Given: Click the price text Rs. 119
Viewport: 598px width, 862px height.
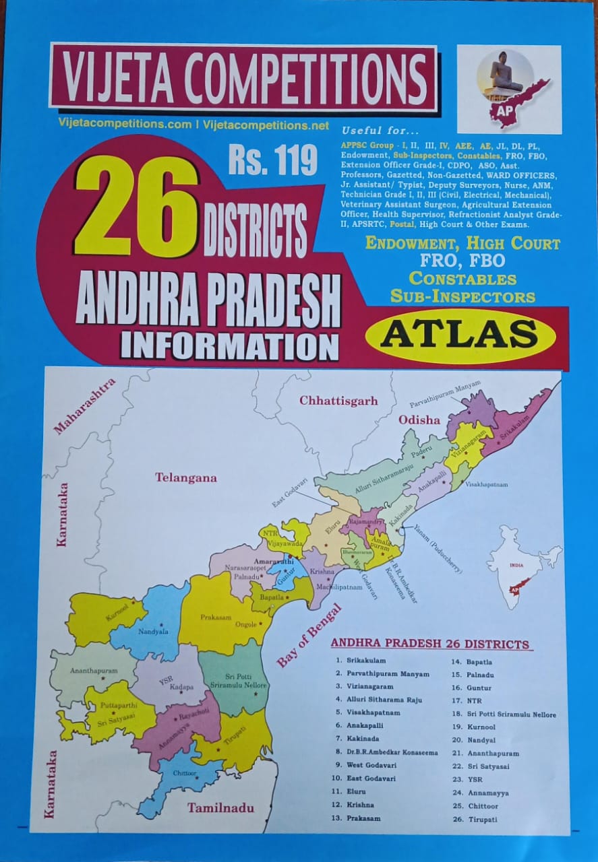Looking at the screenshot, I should coord(272,162).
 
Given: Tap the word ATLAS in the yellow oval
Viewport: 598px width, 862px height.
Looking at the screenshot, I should coord(460,333).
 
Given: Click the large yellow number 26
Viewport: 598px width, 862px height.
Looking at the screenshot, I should coord(137,207).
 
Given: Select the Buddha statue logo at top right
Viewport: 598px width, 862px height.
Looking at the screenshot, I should coord(508,89).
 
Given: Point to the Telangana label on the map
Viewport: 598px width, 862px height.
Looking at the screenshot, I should coord(185,477).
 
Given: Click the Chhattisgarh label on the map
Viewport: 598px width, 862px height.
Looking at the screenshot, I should coord(338,401).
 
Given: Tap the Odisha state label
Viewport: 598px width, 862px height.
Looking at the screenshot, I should coord(419,420).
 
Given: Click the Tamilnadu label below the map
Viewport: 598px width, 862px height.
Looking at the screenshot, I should coord(220,807).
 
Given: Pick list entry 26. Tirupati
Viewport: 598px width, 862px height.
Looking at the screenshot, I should coord(475,819).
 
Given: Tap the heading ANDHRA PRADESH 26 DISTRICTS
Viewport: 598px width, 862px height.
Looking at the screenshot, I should coord(429,644).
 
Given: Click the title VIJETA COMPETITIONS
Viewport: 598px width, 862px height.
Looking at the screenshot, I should coord(243,76).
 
